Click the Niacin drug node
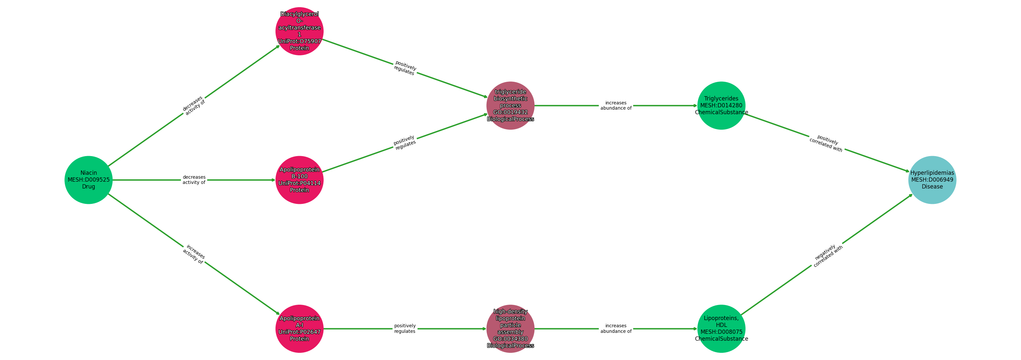88,180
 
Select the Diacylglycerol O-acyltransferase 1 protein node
300,31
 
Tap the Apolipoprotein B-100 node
300,180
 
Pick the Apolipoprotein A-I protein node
300,329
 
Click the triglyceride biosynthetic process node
510,105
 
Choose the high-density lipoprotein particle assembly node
510,329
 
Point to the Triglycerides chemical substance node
721,105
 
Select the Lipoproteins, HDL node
721,329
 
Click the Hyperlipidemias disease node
932,180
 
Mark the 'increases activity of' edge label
194,254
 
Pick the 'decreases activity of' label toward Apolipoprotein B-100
194,180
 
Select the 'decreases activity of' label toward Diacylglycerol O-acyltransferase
193,105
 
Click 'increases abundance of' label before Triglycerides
616,105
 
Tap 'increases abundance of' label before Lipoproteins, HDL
616,329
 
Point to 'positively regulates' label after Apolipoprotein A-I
405,329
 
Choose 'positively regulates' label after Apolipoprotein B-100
405,143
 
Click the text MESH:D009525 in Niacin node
88,180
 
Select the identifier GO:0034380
510,339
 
